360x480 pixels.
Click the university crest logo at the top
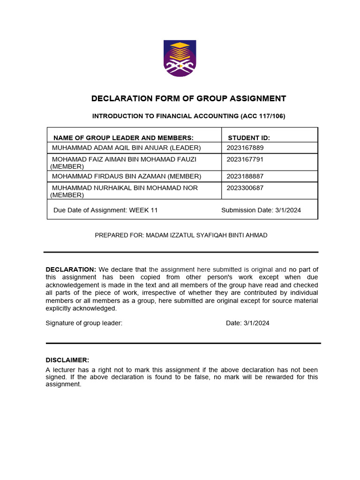180,59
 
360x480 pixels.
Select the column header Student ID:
248,137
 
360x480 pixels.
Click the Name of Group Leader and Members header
123,137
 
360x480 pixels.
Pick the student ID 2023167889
245,148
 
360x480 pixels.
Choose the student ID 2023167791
245,159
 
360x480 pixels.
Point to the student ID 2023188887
245,176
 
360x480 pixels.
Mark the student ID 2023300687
245,188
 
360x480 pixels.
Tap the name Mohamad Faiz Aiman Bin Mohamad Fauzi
124,159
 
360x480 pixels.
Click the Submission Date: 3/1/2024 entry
261,210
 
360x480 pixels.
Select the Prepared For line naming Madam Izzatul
181,235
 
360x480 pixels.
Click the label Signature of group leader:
84,323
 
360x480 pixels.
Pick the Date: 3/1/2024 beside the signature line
247,323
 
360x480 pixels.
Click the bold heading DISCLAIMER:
67,360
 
